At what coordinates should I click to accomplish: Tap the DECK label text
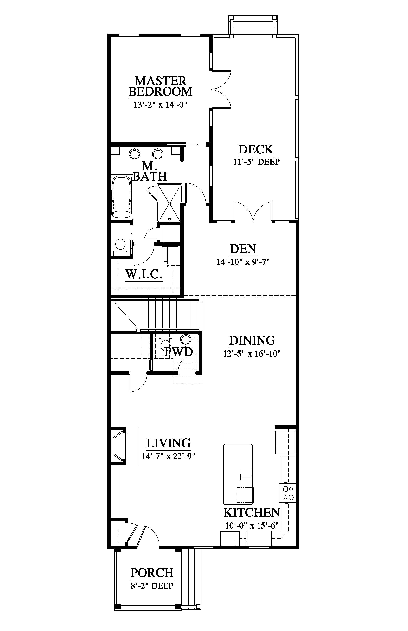[x=256, y=149]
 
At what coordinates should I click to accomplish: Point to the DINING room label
[x=252, y=340]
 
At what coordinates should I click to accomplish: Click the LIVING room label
[x=169, y=443]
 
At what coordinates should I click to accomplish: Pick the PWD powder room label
[x=178, y=352]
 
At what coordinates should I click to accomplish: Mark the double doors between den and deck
[x=253, y=211]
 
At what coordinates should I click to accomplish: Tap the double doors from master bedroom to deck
[x=221, y=89]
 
